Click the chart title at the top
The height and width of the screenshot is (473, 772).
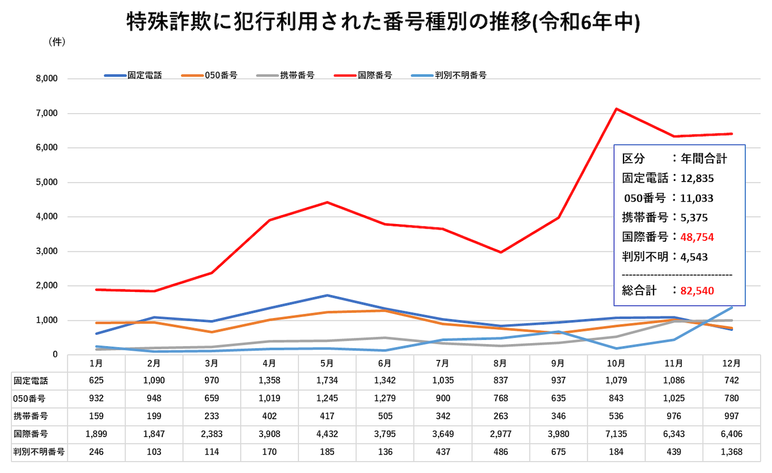click(383, 22)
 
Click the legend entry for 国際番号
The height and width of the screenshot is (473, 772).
click(375, 76)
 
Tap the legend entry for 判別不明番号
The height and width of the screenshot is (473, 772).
click(460, 76)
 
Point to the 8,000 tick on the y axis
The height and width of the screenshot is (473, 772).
click(47, 79)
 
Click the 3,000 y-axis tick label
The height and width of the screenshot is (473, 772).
click(47, 251)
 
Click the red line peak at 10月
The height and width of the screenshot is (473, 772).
click(616, 109)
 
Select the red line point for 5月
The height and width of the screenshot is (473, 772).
click(327, 202)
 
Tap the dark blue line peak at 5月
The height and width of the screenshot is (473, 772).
click(327, 295)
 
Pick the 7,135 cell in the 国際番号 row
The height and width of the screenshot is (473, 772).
click(616, 434)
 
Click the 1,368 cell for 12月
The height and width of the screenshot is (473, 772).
click(731, 452)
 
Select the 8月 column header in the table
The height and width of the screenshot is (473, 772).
click(500, 364)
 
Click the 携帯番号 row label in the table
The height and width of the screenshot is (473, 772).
click(31, 416)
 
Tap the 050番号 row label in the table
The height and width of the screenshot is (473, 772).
click(29, 399)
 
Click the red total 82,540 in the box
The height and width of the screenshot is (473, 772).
click(697, 291)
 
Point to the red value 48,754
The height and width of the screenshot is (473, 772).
click(697, 237)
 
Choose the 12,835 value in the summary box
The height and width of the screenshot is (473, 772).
click(697, 178)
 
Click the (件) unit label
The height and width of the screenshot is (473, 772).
click(57, 42)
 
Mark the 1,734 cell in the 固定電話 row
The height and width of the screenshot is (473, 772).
click(327, 381)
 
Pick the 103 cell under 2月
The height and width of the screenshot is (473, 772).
click(154, 452)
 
